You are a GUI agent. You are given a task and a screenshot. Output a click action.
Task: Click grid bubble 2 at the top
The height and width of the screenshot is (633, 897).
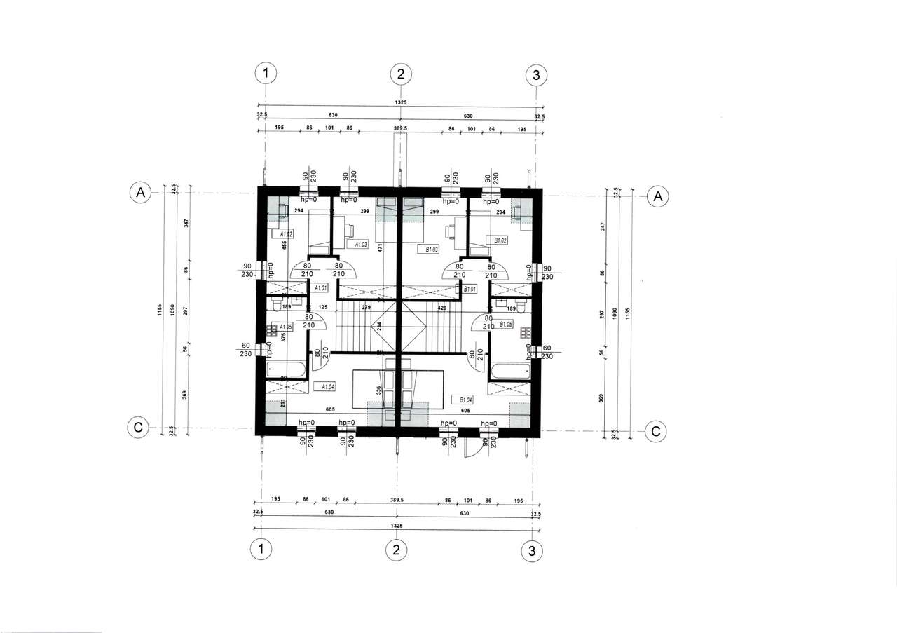coord(400,74)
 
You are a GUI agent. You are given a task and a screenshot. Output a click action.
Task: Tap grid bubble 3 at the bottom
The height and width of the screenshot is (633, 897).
coord(533,551)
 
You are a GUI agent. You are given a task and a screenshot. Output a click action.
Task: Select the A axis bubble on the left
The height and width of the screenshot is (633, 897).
coord(141,193)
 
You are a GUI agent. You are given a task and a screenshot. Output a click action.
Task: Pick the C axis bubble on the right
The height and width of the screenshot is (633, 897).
coord(655,430)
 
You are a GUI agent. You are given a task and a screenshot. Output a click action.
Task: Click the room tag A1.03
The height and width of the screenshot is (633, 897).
coord(361,244)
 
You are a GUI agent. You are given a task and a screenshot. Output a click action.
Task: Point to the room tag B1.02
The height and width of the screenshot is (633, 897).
coord(500,240)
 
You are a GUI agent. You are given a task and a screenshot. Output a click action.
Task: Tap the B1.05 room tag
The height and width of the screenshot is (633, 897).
coord(506,324)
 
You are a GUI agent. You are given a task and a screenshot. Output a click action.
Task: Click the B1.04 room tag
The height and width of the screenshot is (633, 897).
coord(465,399)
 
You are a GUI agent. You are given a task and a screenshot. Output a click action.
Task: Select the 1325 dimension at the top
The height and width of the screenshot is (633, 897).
coord(400,102)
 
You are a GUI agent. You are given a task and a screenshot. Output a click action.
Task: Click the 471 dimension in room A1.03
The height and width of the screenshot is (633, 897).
coord(380,247)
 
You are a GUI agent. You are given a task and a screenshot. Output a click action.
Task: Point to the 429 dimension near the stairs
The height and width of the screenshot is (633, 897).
coord(441,308)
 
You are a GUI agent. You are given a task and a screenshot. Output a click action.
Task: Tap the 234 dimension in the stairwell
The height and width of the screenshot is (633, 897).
coord(378,325)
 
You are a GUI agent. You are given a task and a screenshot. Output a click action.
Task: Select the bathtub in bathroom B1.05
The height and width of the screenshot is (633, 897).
coord(509,369)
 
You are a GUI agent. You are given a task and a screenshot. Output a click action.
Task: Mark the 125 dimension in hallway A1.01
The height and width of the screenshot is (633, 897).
coord(323,307)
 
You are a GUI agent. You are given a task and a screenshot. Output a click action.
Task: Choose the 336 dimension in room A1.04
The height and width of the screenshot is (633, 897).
coord(379,390)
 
